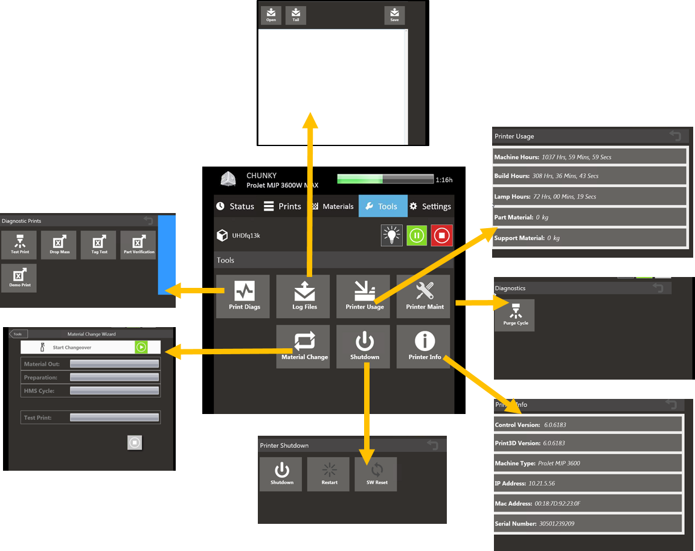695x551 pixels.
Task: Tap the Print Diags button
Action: coord(244,296)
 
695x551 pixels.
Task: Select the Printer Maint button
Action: coord(424,296)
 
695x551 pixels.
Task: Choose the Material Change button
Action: coord(304,346)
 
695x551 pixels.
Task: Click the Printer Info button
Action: coord(424,346)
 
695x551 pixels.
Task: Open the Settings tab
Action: coord(431,206)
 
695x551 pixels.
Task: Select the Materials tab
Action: coord(333,206)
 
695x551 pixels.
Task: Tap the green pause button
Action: coord(417,235)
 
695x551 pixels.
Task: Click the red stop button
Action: coord(441,235)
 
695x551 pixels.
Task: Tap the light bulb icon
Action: coord(392,235)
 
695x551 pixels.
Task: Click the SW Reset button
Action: coord(377,474)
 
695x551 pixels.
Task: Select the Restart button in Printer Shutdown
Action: coord(329,474)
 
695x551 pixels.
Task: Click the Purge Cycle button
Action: coord(515,315)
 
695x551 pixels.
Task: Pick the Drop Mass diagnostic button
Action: coord(59,244)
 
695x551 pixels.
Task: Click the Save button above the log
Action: coord(394,15)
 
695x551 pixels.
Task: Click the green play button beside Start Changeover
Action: coord(141,347)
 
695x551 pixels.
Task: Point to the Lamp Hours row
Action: coord(589,197)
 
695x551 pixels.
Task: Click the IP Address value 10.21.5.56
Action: coord(542,483)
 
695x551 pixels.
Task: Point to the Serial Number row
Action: coord(588,523)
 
